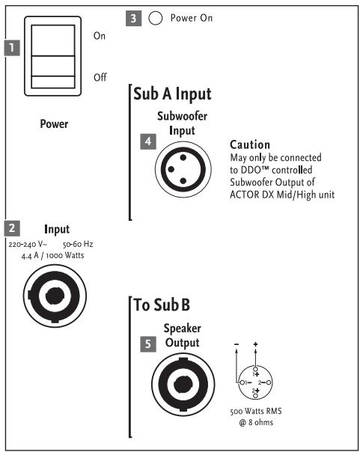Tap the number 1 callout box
tap(12, 49)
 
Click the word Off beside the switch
tap(100, 77)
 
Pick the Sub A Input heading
tap(172, 94)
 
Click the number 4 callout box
tap(148, 141)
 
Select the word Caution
tap(249, 144)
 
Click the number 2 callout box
tap(12, 227)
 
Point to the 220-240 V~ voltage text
tap(29, 244)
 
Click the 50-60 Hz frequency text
tap(77, 244)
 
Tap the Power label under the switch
tap(54, 124)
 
